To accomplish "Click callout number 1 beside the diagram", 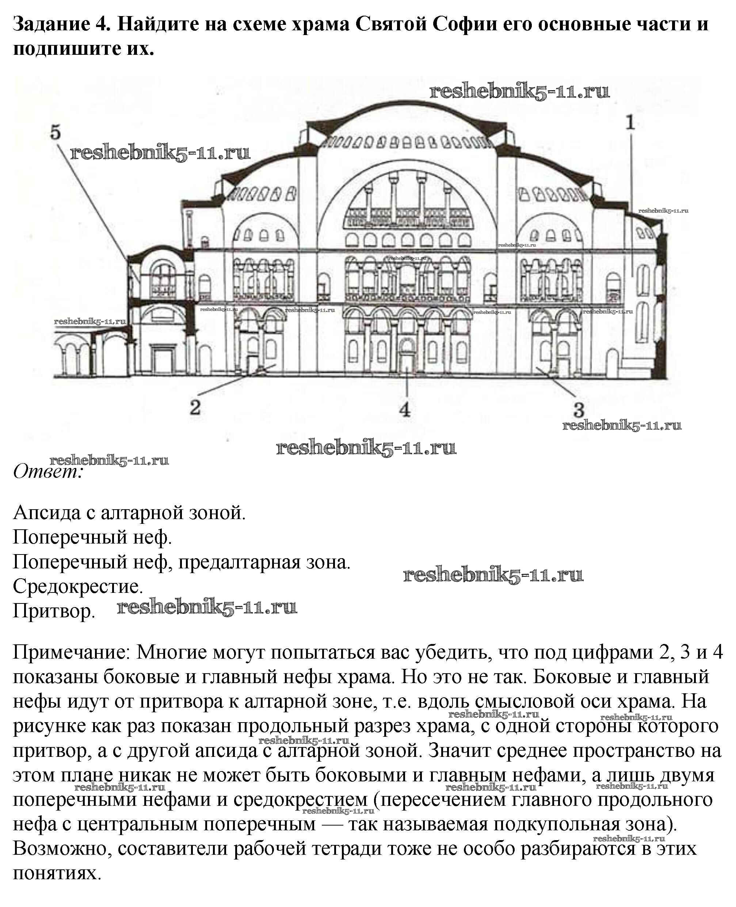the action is [630, 123].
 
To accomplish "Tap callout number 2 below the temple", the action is [195, 408].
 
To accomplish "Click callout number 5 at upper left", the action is [56, 133].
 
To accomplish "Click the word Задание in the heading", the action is [50, 24].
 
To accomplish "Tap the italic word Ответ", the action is [47, 472].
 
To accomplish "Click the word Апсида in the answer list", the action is [47, 513].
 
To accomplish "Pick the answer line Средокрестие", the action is [78, 586].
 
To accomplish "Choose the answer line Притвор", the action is [54, 611].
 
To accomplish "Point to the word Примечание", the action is [72, 652].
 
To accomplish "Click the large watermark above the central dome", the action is [519, 91].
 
